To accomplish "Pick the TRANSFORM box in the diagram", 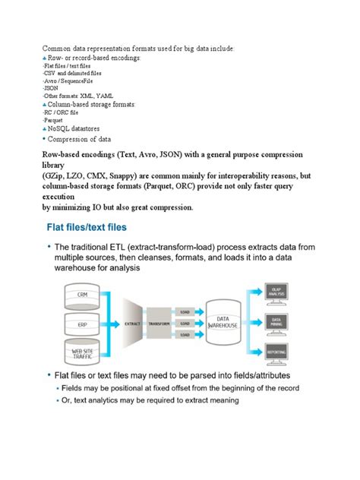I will coord(159,322).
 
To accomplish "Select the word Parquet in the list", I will coord(53,120).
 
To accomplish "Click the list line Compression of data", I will coord(79,139).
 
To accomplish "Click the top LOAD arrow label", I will coord(185,310).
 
